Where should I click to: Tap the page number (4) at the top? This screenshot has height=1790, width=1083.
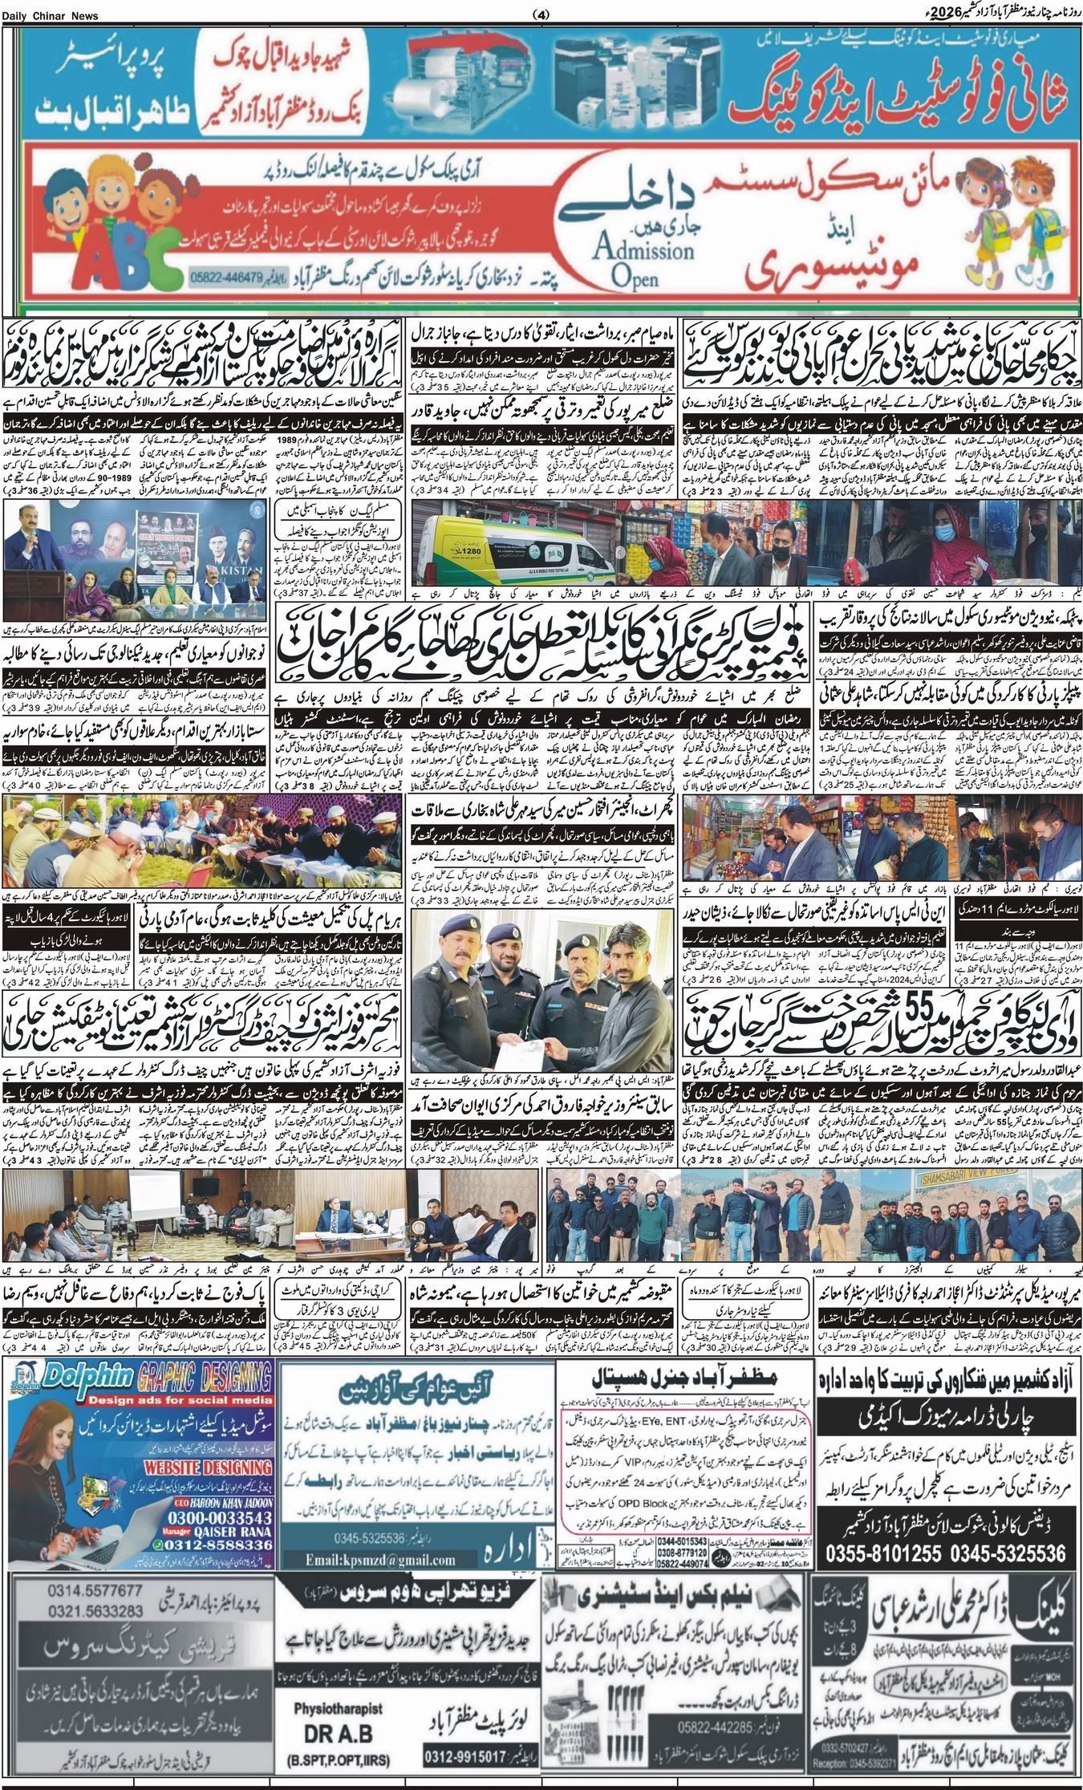(x=541, y=14)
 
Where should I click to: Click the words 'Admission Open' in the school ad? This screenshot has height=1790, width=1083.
(x=642, y=261)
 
